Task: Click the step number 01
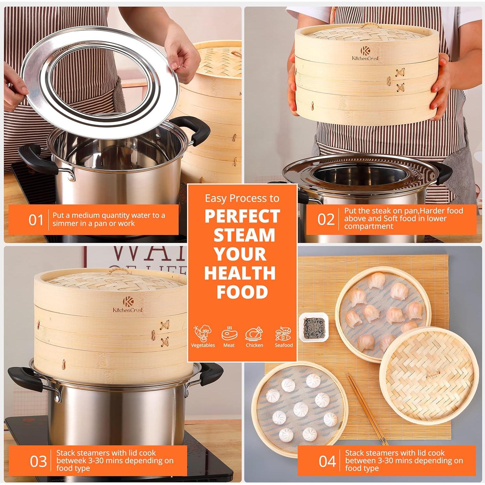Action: (36, 220)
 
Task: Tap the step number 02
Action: (326, 219)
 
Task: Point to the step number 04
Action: (328, 461)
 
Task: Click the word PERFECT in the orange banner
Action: (242, 216)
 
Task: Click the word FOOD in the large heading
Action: (242, 292)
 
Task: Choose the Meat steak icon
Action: (229, 333)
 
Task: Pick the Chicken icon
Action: (254, 333)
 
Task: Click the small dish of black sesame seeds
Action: (314, 327)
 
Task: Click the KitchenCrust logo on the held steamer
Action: (365, 54)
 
